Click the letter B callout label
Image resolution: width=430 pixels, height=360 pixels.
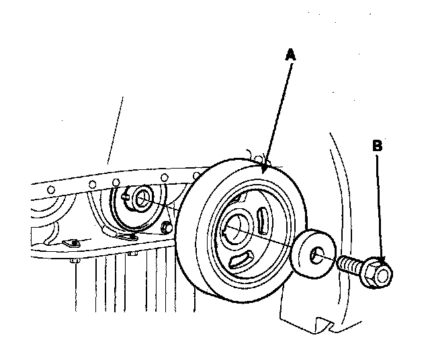pos(378,144)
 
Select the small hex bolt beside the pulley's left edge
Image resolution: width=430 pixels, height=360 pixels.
pos(165,227)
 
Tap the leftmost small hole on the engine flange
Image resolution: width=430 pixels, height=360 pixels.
pos(50,190)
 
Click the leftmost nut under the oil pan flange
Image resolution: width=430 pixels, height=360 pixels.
pos(75,261)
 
